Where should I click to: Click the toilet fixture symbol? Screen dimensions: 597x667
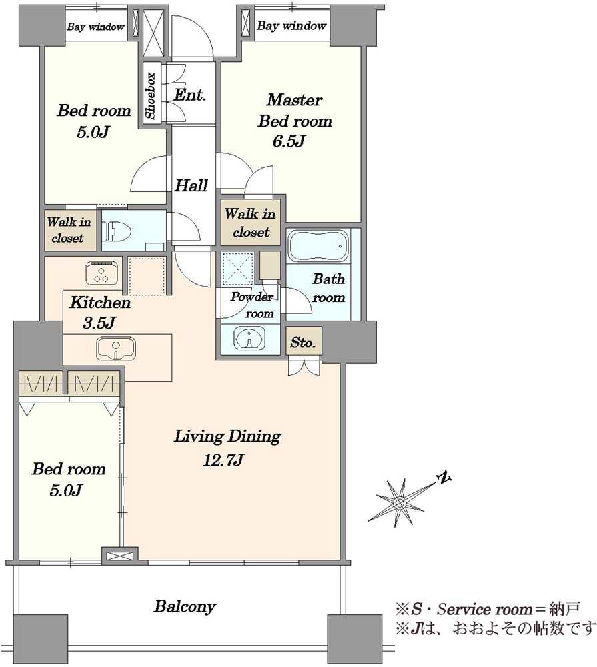(117, 232)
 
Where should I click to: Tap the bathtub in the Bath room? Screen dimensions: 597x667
(318, 247)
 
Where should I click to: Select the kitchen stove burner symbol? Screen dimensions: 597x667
(101, 273)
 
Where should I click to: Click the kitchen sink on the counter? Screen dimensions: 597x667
(116, 349)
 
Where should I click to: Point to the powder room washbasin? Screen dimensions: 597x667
(249, 339)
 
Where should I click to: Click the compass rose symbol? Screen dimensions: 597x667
(399, 503)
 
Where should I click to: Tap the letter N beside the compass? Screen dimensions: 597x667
(444, 478)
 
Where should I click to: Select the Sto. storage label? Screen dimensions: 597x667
(303, 342)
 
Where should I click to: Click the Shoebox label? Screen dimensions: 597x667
(151, 96)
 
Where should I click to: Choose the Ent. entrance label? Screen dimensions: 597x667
(190, 95)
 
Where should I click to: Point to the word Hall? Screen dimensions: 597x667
(191, 185)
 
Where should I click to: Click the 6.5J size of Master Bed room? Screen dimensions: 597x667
(289, 141)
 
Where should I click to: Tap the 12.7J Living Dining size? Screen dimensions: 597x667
(223, 460)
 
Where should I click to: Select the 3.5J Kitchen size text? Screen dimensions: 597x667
(99, 323)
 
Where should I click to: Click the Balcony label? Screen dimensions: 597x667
(185, 606)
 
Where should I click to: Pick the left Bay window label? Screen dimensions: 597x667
(96, 27)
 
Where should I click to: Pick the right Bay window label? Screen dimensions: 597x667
(291, 25)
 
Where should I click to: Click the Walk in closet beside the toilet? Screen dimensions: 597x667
(68, 229)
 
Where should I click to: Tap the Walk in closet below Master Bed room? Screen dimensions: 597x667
(251, 223)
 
